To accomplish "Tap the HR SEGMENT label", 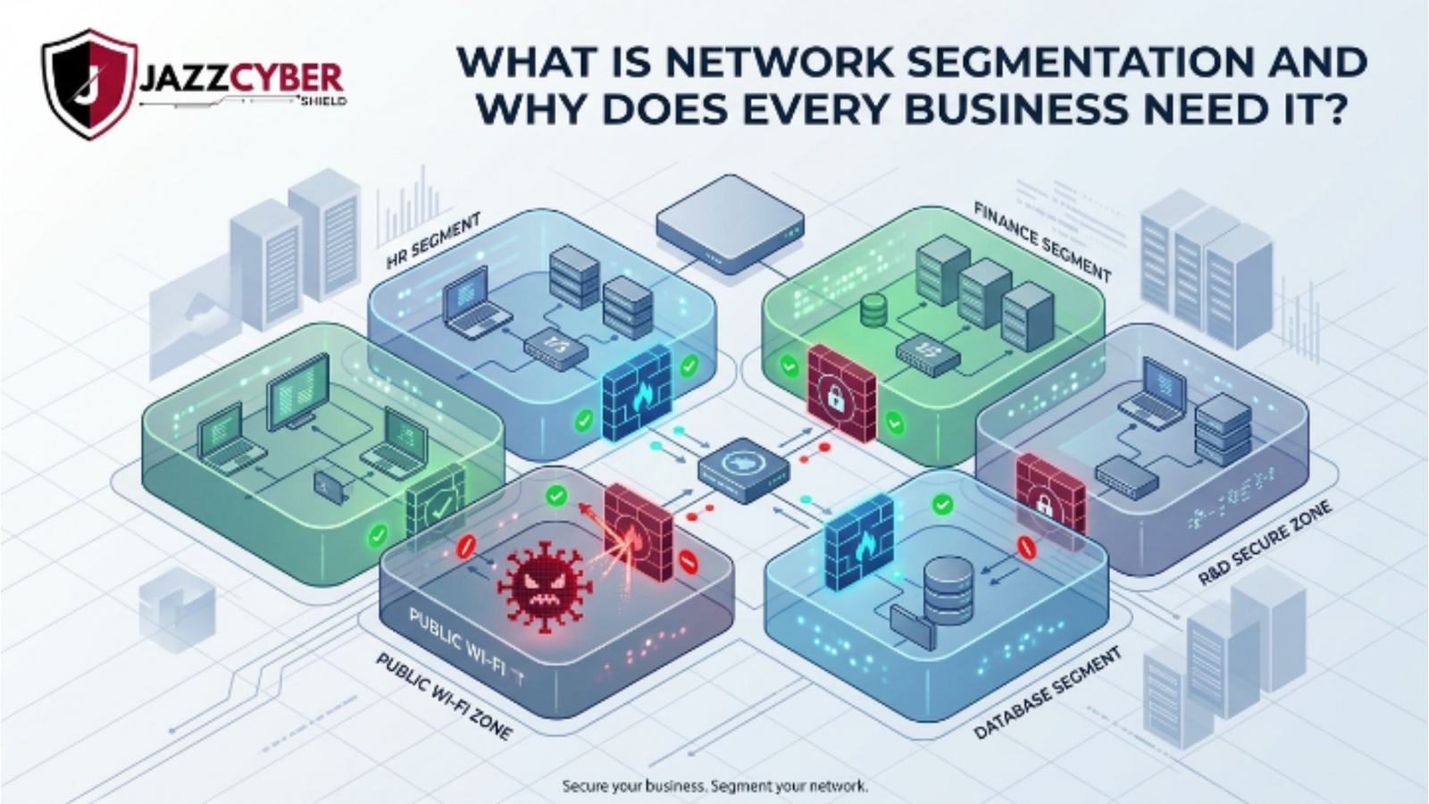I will click(x=434, y=241).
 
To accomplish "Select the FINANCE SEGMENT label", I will click(x=1041, y=241).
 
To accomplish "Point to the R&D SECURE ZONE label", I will click(x=1264, y=543).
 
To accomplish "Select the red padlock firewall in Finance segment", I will click(x=840, y=394).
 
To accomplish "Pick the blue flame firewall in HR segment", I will click(x=637, y=392).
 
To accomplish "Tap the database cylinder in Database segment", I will click(x=948, y=590).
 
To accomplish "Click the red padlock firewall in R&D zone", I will click(x=1049, y=496).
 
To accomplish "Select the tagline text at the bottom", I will click(x=714, y=786).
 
